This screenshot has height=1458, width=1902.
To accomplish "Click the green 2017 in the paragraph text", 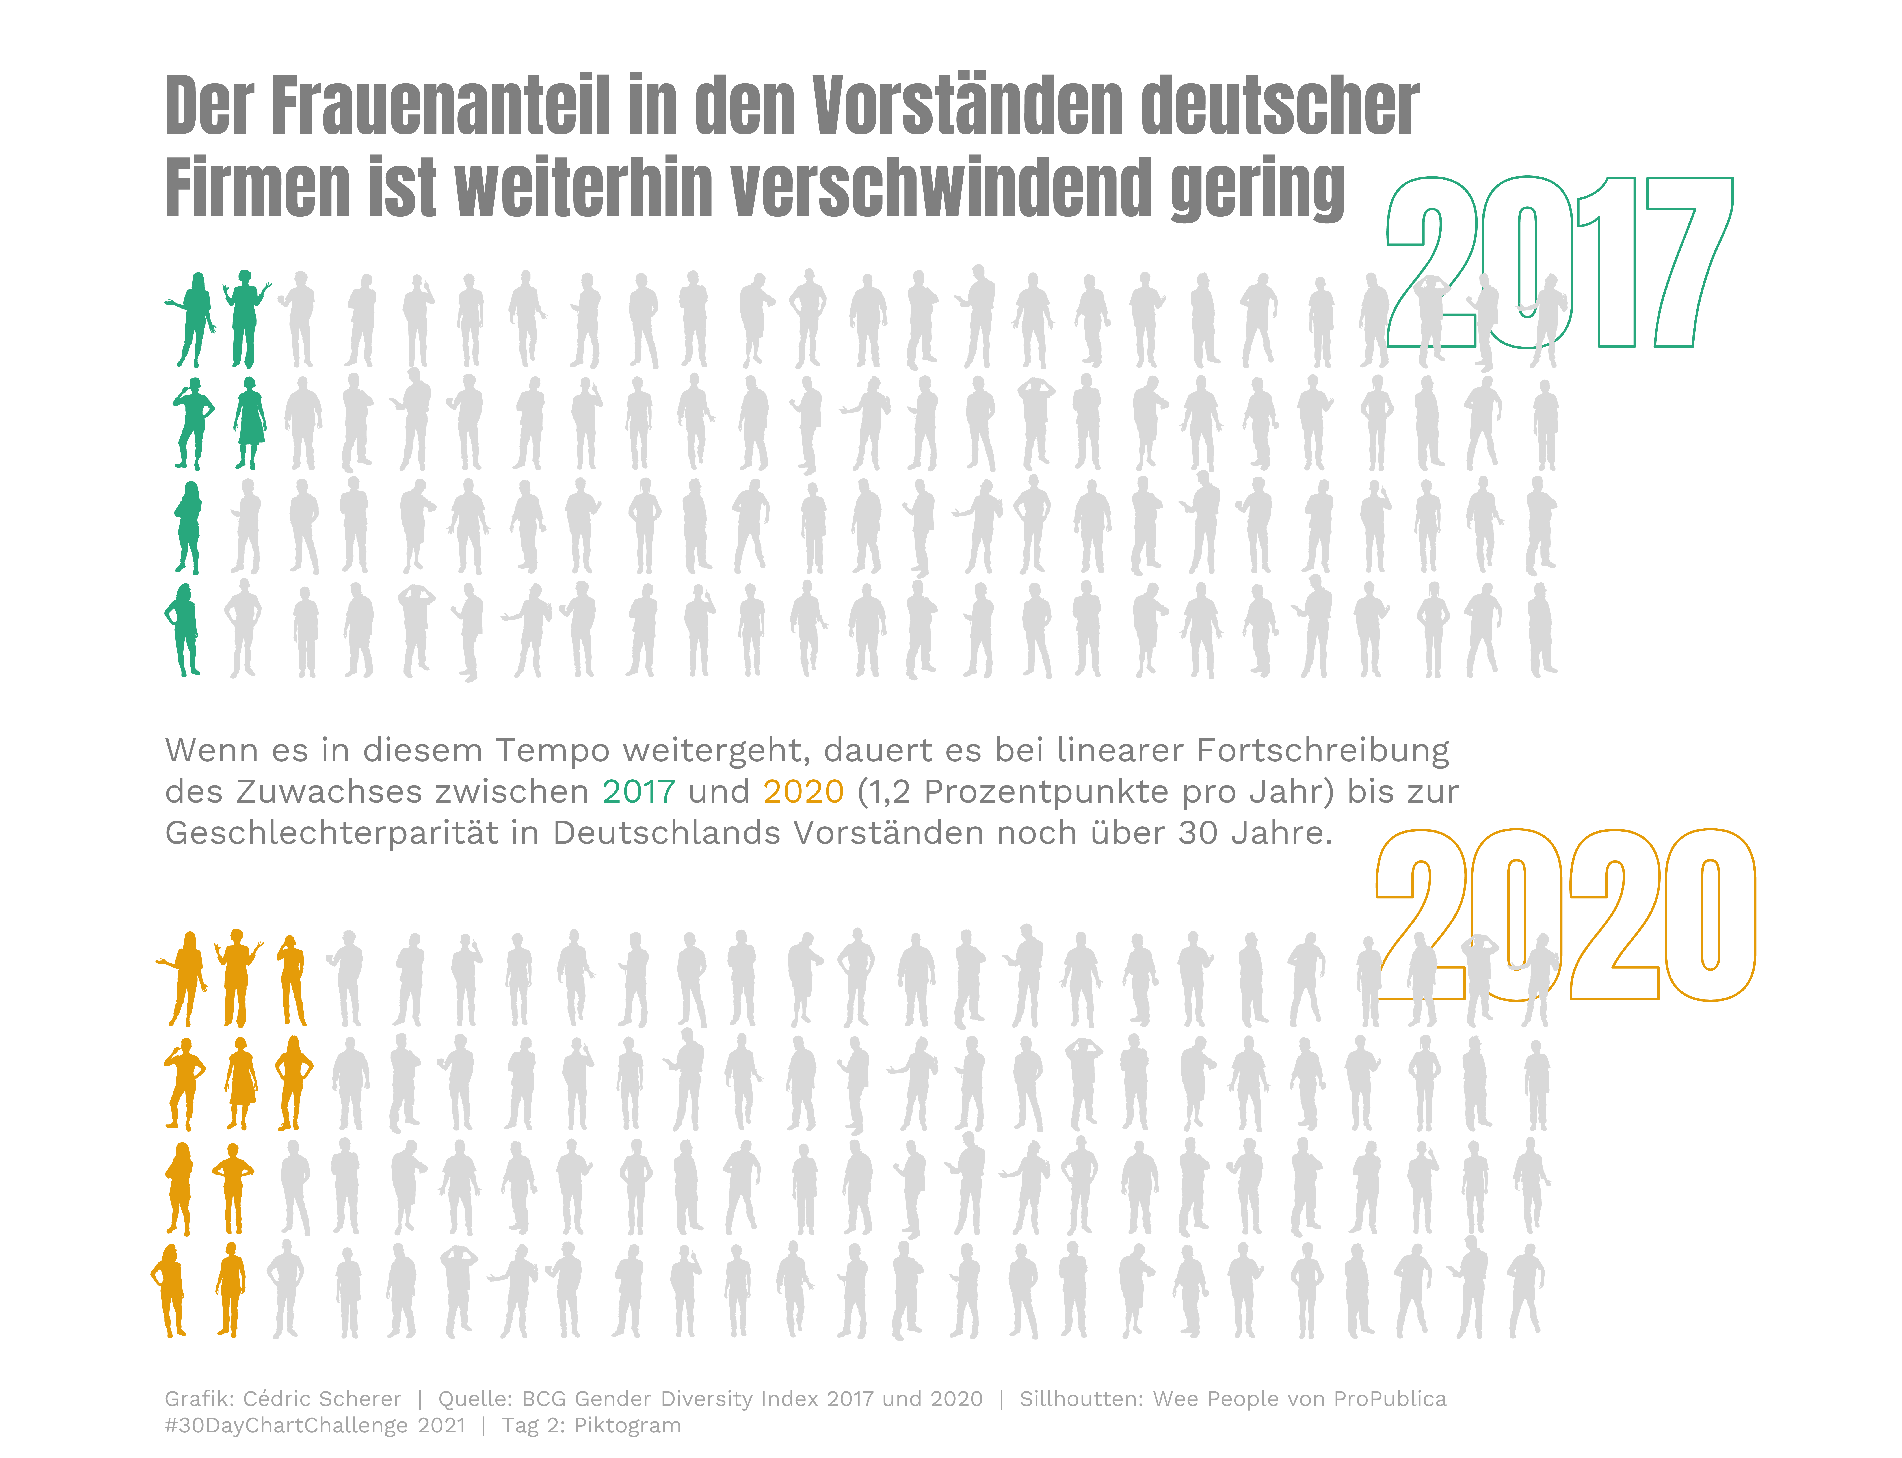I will click(639, 791).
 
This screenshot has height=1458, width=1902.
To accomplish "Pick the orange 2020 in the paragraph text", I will click(803, 791).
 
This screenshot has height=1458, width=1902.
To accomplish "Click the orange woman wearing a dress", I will click(240, 1083).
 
